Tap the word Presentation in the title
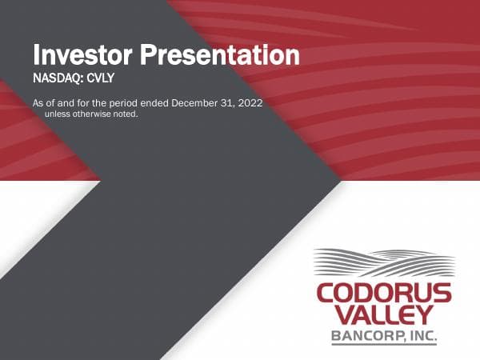pyautogui.click(x=219, y=55)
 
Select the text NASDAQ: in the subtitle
pyautogui.click(x=56, y=79)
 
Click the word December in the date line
pyautogui.click(x=190, y=103)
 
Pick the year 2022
pyautogui.click(x=246, y=103)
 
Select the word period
pyautogui.click(x=119, y=103)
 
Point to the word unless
pyautogui.click(x=56, y=114)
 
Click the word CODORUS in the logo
pyautogui.click(x=385, y=290)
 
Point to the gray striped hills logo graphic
pyautogui.click(x=385, y=263)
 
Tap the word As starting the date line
pyautogui.click(x=38, y=103)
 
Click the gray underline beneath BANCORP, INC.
pyautogui.click(x=385, y=345)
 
